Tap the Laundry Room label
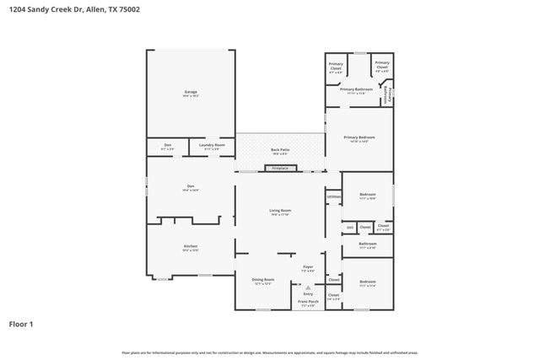point(212,146)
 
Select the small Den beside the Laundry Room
point(167,146)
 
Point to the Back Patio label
point(280,151)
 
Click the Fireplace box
point(280,168)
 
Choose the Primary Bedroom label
point(359,138)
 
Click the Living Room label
point(280,211)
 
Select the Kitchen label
point(191,247)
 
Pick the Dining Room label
point(263,280)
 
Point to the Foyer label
point(308,267)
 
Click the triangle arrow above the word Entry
point(308,287)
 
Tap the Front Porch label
point(308,303)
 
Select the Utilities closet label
point(333,197)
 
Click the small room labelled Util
point(349,227)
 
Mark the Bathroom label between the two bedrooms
point(367,245)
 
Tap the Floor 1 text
point(20,323)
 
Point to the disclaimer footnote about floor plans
point(269,352)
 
